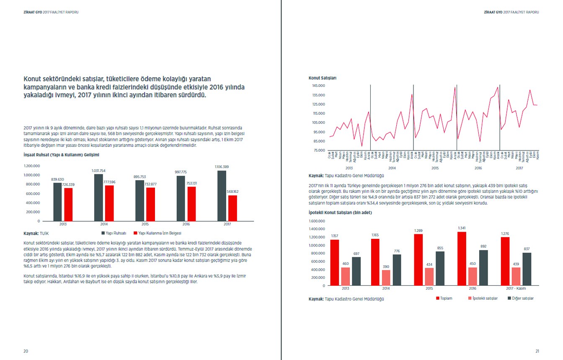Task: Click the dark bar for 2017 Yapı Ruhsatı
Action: (222, 196)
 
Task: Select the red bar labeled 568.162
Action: (232, 208)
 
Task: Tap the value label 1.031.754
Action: (98, 171)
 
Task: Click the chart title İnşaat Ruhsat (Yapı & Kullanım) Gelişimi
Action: (61, 155)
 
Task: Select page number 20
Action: (26, 351)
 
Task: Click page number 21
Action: (537, 351)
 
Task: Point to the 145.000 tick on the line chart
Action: (318, 85)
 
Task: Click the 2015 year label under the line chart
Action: (435, 168)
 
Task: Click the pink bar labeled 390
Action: (386, 277)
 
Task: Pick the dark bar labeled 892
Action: (483, 268)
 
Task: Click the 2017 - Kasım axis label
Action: (516, 289)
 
